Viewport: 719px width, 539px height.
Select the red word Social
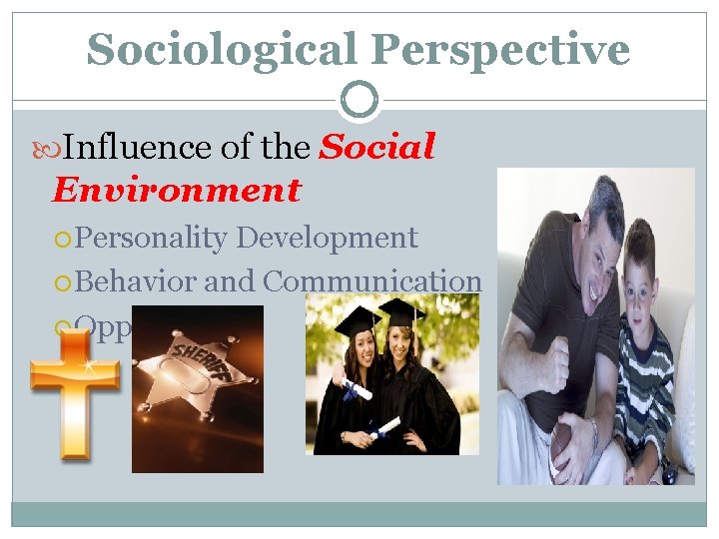[376, 148]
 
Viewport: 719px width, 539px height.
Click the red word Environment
[177, 190]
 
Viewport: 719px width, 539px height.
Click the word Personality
[152, 238]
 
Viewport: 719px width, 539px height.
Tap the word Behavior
[136, 281]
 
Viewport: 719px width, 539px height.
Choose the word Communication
[371, 281]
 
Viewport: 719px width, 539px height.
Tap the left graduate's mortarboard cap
[356, 320]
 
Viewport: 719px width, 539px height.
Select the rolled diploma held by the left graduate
[357, 389]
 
